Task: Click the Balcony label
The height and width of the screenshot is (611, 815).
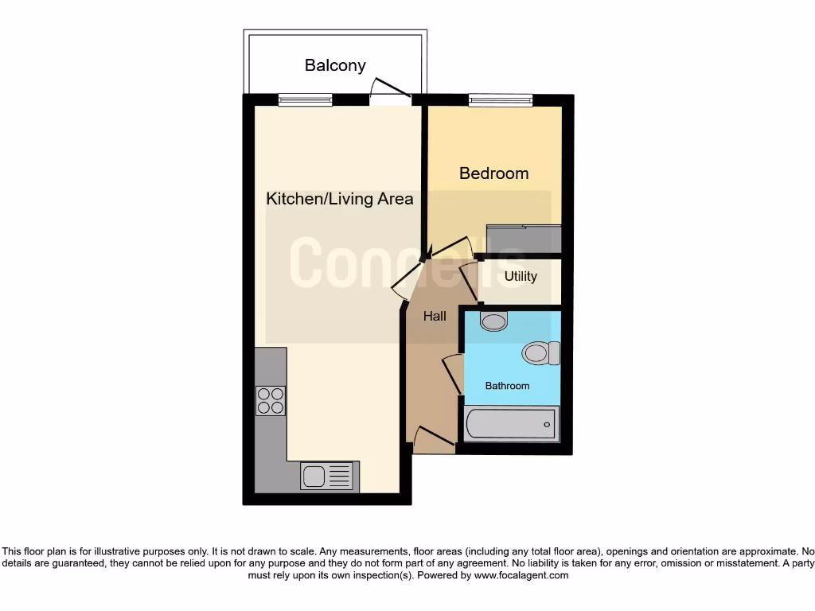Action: (x=335, y=65)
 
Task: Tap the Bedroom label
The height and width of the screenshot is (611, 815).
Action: (x=493, y=173)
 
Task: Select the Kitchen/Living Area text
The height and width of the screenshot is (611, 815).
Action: (x=340, y=199)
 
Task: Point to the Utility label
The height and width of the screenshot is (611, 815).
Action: (x=521, y=277)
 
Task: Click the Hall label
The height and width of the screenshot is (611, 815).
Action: (x=435, y=317)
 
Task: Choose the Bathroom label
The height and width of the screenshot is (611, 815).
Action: (x=507, y=386)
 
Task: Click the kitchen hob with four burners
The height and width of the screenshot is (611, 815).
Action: (x=270, y=400)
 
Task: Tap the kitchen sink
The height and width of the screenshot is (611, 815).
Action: (x=326, y=477)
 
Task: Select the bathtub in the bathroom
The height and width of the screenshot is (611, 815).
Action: (x=511, y=424)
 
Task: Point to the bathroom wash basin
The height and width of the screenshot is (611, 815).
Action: (x=494, y=321)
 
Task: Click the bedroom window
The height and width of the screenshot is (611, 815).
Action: (x=501, y=100)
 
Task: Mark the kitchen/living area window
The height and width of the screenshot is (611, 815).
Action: (x=305, y=100)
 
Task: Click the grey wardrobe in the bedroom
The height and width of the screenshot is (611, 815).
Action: (x=524, y=238)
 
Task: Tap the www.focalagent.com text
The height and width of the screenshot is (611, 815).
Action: (x=521, y=575)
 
